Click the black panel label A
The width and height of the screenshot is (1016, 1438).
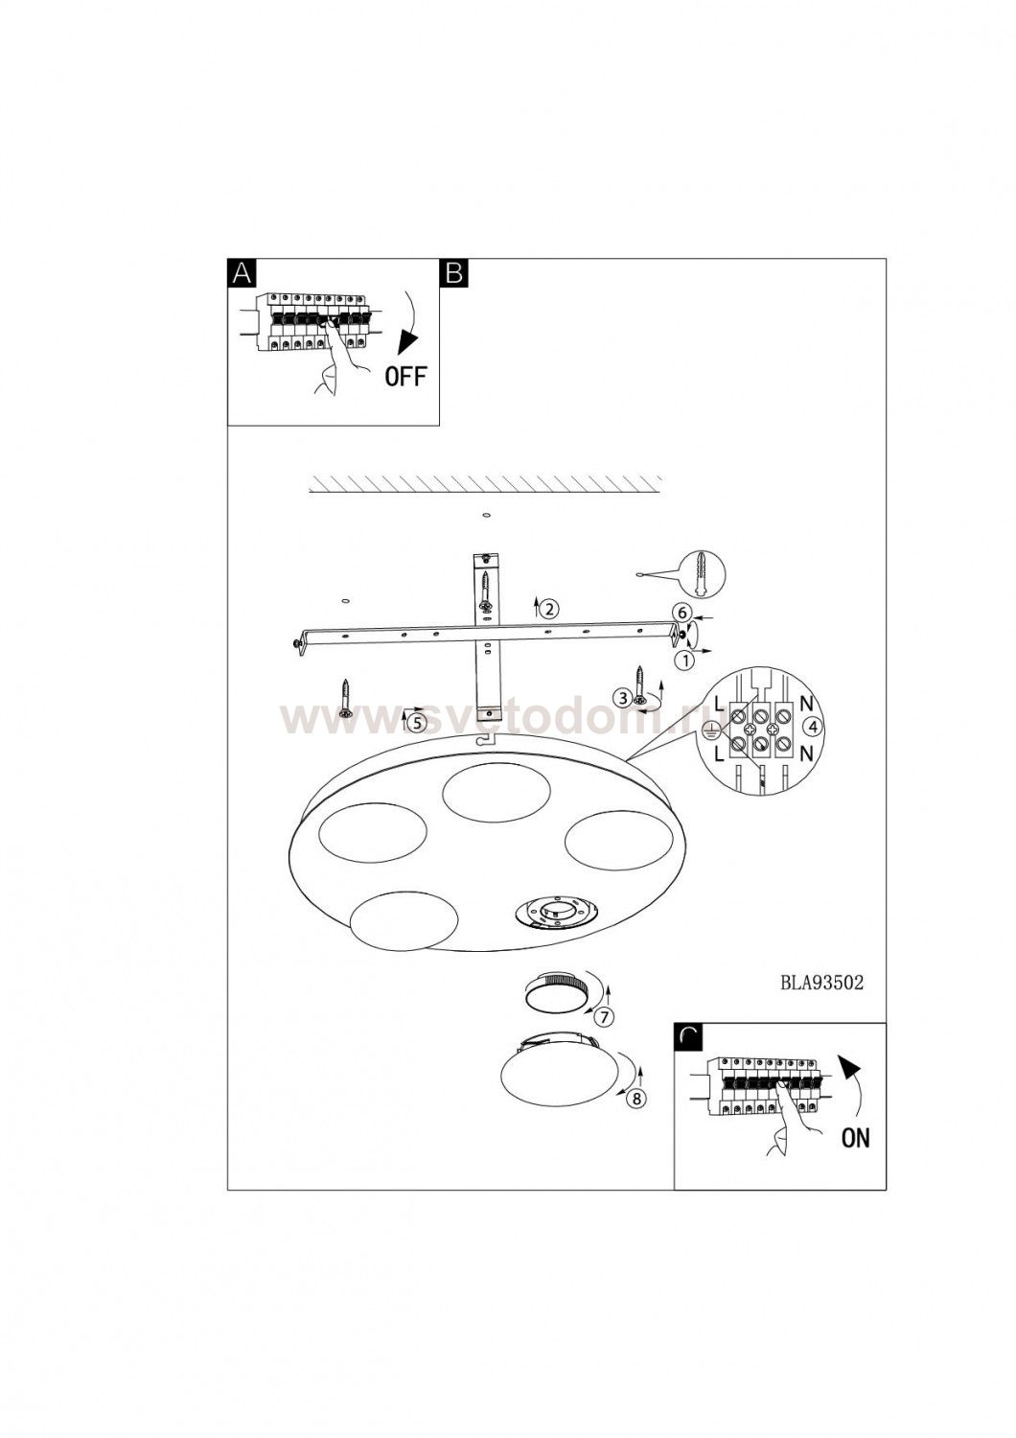tap(242, 272)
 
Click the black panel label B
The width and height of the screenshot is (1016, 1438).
tap(453, 272)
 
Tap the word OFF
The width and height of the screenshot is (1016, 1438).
tap(405, 376)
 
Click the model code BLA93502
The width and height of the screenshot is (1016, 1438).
tap(821, 1000)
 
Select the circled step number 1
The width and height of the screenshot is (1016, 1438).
tap(684, 660)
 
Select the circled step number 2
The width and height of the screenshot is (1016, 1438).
tap(549, 608)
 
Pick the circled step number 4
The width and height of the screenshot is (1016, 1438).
tap(814, 727)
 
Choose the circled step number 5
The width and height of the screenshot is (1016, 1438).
tap(417, 723)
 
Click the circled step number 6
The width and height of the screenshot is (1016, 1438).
tap(684, 614)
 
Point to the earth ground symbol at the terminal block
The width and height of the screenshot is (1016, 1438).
tap(709, 730)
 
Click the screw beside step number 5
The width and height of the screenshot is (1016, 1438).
tap(345, 699)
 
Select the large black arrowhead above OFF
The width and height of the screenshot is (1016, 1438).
tap(405, 342)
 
